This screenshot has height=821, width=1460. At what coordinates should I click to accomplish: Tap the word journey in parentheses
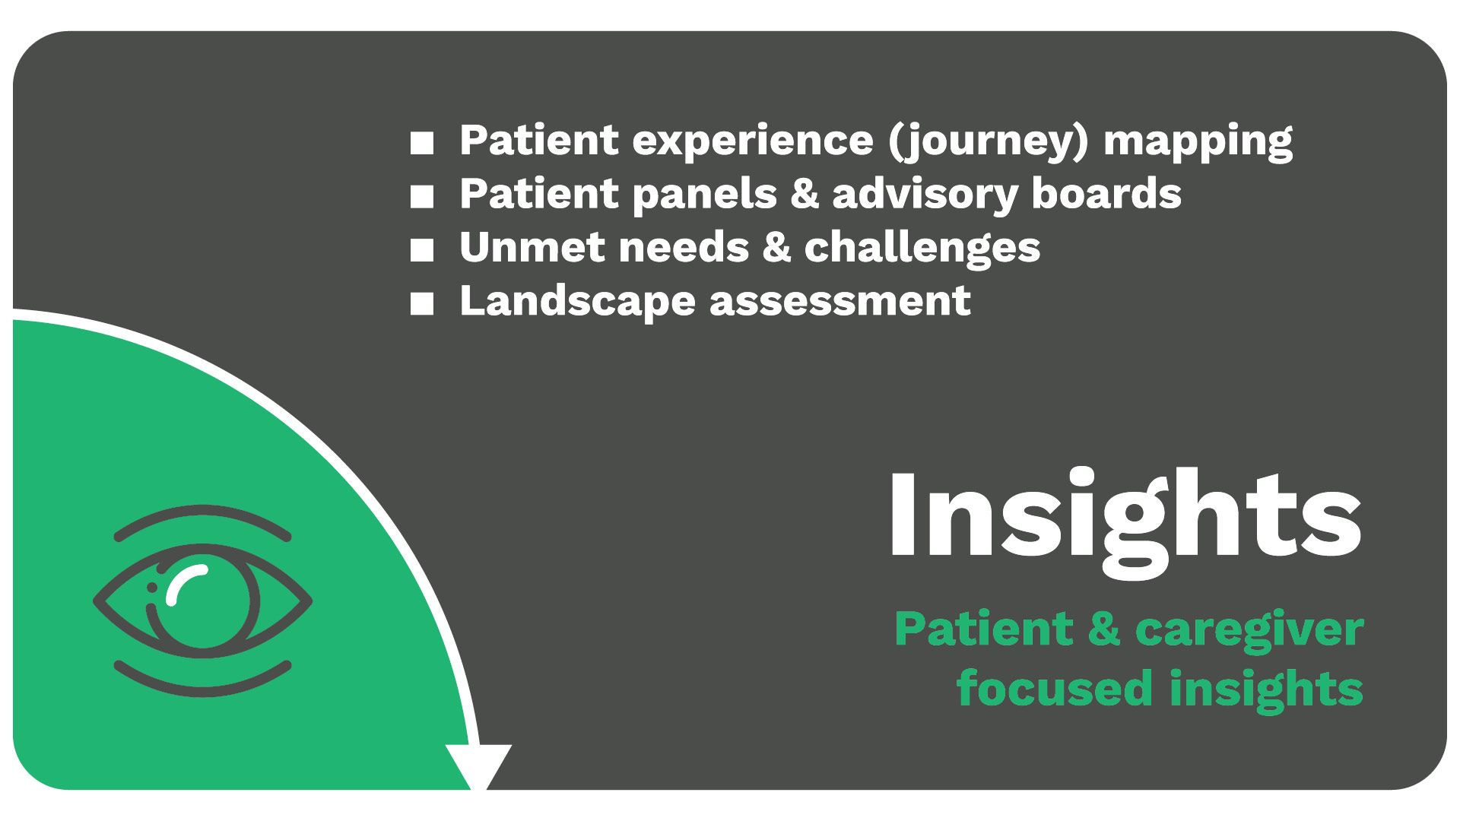point(989,142)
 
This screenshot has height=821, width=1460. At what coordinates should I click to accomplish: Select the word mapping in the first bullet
point(1198,142)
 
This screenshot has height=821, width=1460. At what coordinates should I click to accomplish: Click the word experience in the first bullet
point(753,142)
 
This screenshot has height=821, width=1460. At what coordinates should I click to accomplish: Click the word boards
point(1106,194)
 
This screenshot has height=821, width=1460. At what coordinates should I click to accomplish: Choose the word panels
point(705,194)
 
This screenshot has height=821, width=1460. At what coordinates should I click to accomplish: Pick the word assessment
point(840,303)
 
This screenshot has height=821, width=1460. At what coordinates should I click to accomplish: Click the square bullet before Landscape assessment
point(422,304)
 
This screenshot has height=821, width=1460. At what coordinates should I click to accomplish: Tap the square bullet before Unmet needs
point(422,250)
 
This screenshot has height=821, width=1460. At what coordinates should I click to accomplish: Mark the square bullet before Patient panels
point(422,196)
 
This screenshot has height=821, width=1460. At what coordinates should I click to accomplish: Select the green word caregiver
point(1249,631)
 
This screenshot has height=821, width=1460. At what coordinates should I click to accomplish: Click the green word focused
point(1055,688)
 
